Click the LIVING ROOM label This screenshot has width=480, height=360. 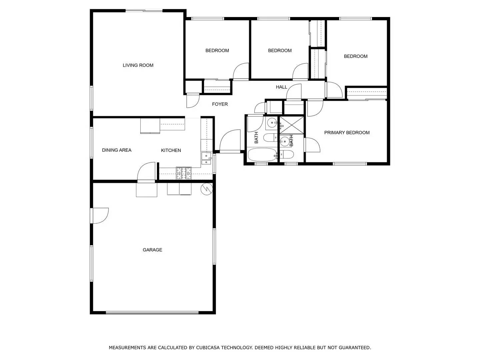(138, 65)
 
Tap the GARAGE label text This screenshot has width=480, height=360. (152, 250)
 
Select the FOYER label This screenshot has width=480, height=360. (220, 104)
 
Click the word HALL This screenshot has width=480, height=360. (281, 87)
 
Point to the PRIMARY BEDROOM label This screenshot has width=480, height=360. (347, 133)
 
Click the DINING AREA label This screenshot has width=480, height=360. (117, 150)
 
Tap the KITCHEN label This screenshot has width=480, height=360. (171, 150)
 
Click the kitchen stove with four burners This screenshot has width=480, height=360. (184, 173)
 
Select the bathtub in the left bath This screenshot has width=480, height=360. (263, 155)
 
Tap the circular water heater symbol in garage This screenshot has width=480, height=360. (206, 189)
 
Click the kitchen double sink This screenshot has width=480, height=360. (206, 159)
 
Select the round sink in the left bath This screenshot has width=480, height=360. (272, 123)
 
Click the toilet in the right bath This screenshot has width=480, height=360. (287, 154)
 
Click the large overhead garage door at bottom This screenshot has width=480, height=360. (152, 313)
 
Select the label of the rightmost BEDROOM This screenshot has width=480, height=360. (356, 56)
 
